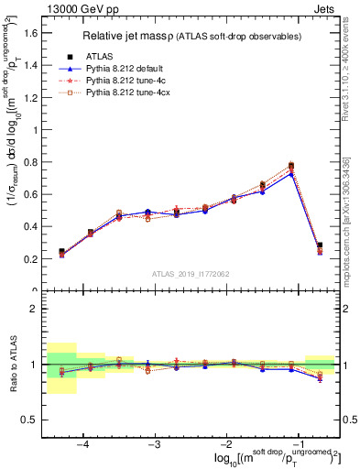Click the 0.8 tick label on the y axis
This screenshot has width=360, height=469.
(x=30, y=162)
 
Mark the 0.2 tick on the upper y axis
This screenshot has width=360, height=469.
(x=30, y=259)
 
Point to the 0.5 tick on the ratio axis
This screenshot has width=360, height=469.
(x=30, y=420)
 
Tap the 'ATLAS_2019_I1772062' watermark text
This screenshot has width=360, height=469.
(x=191, y=274)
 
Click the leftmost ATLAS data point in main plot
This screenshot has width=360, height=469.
(x=61, y=251)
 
